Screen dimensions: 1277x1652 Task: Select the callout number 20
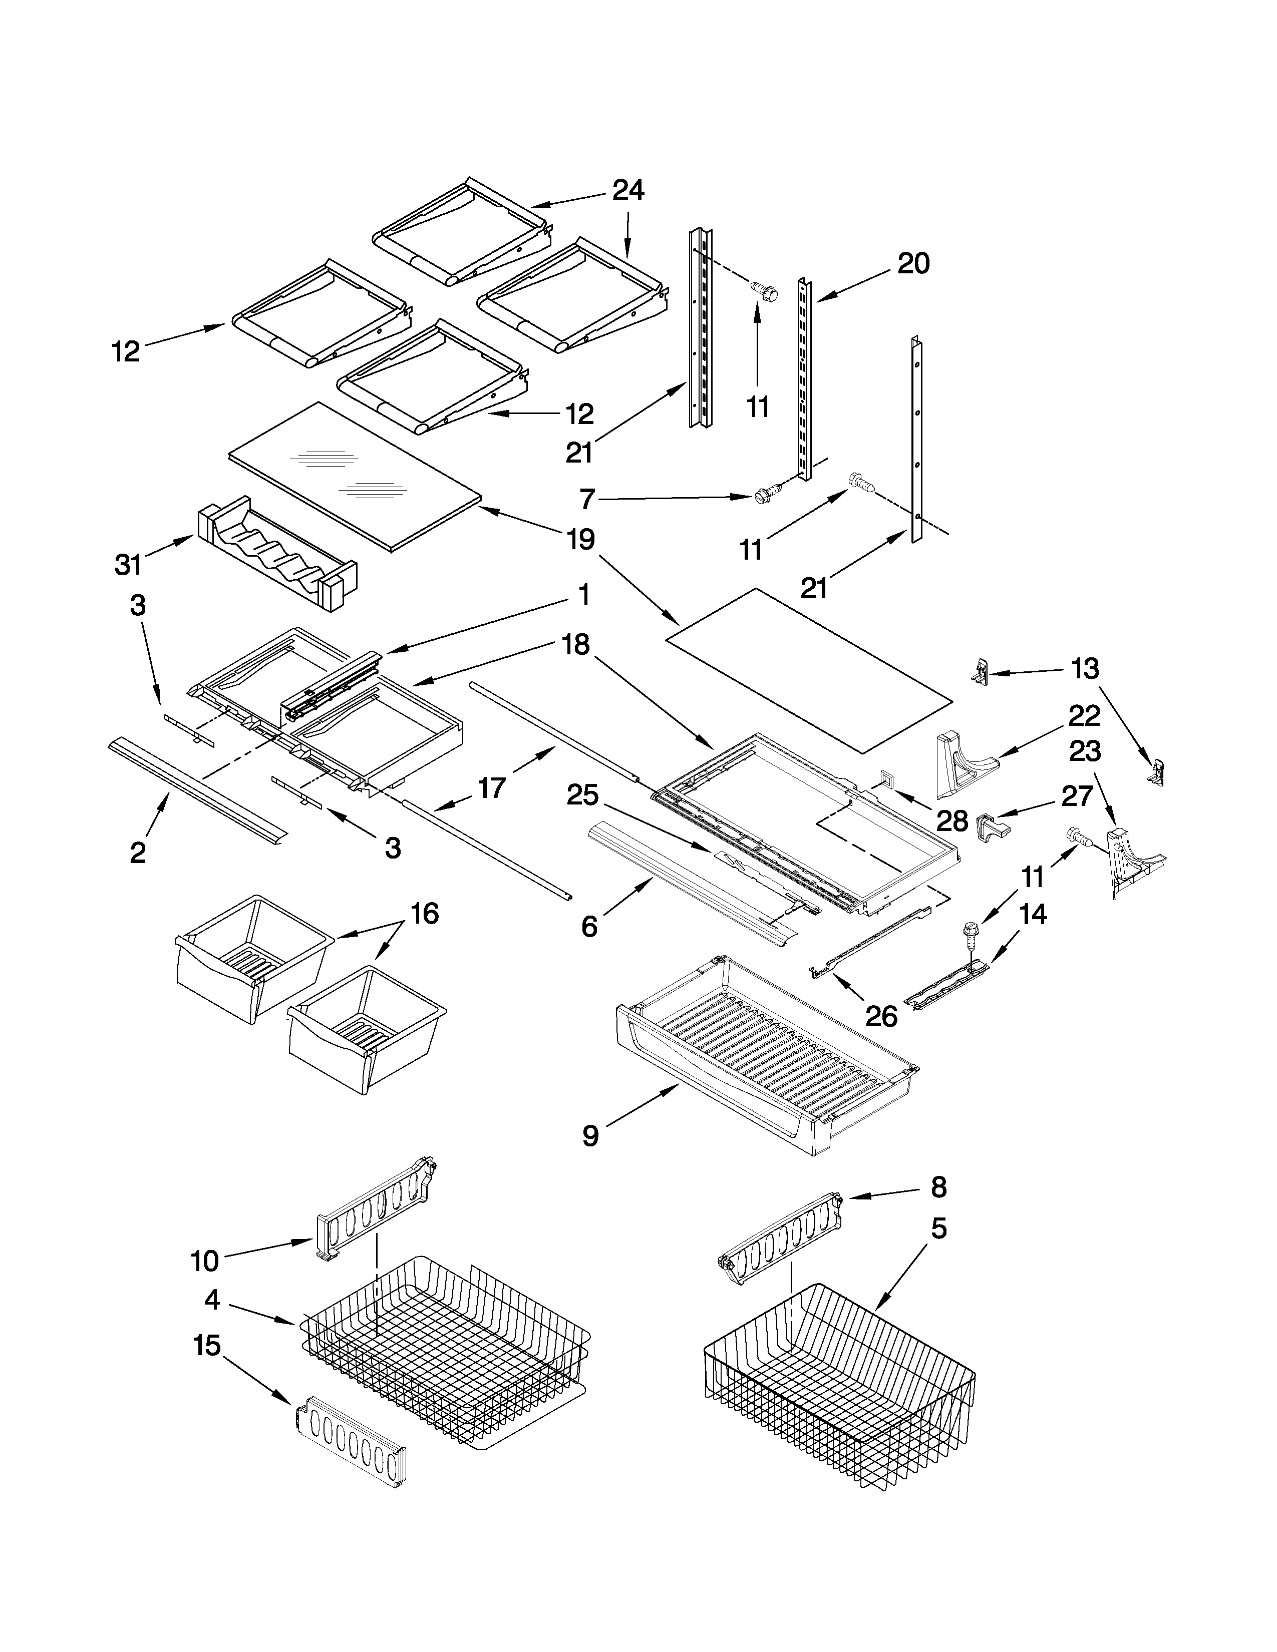[913, 264]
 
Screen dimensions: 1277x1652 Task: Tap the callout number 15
[206, 1346]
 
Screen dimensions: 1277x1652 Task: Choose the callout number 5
[938, 1229]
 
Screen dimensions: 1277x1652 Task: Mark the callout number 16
[424, 914]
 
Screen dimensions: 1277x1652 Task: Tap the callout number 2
[138, 853]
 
